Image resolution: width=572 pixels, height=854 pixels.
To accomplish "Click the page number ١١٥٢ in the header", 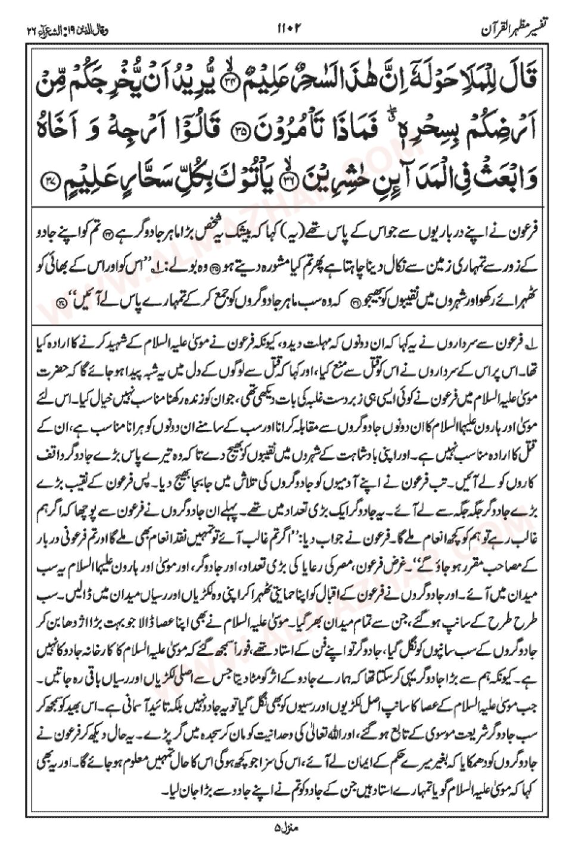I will pos(290,27).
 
